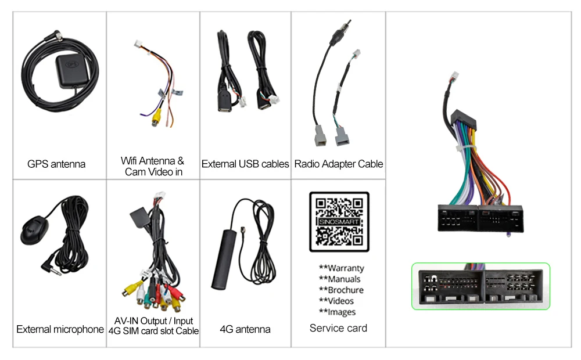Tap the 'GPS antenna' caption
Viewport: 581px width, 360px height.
click(56, 164)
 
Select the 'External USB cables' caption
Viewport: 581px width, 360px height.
click(245, 164)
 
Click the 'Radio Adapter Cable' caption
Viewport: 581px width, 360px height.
click(339, 164)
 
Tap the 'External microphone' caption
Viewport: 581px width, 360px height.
click(60, 330)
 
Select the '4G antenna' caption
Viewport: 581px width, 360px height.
click(245, 330)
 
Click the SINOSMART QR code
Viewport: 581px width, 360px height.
click(339, 221)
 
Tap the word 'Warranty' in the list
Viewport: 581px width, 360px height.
click(346, 268)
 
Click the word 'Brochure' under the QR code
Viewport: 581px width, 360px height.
click(346, 290)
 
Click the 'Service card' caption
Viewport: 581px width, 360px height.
click(339, 329)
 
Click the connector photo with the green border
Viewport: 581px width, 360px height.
click(480, 286)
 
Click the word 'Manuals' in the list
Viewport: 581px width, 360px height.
click(344, 279)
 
